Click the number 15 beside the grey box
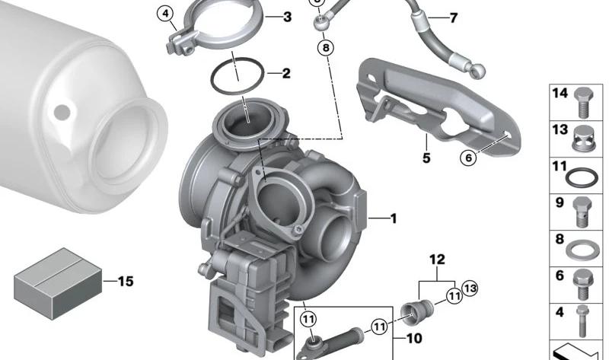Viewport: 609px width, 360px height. [x=126, y=281]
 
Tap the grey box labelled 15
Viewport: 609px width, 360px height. [x=58, y=283]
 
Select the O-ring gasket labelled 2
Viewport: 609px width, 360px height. [x=238, y=76]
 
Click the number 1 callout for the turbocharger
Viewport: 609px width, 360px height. [x=394, y=218]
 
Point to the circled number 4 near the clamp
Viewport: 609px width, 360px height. [x=166, y=14]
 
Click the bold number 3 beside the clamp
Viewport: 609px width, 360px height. [x=288, y=17]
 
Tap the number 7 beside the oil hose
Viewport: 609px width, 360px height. [x=453, y=18]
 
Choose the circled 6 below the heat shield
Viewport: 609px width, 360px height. [x=468, y=158]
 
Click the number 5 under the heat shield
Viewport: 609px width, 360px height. [x=426, y=158]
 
